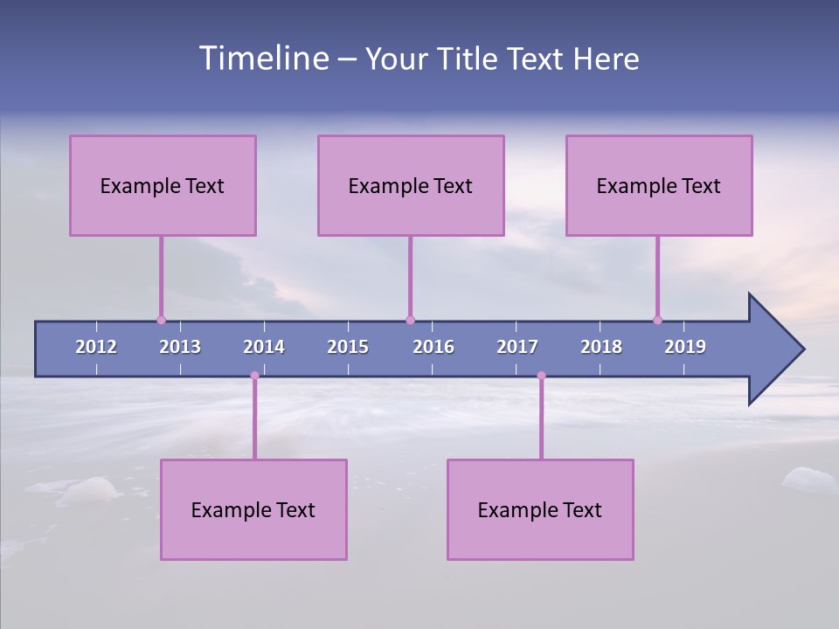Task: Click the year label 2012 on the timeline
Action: pyautogui.click(x=96, y=347)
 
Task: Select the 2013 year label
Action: pyautogui.click(x=180, y=347)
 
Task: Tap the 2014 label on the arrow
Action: pyautogui.click(x=264, y=347)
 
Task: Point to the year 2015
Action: pyautogui.click(x=348, y=347)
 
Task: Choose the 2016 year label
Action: pyautogui.click(x=433, y=347)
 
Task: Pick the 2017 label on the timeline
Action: pyautogui.click(x=517, y=347)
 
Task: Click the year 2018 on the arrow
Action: pyautogui.click(x=601, y=347)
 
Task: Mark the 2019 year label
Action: pyautogui.click(x=685, y=347)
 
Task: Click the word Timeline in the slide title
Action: pyautogui.click(x=263, y=59)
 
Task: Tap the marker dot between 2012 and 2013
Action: pyautogui.click(x=161, y=320)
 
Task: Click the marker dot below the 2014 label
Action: pyautogui.click(x=254, y=376)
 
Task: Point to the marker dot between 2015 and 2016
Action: pyautogui.click(x=410, y=320)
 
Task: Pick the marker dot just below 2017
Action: pyautogui.click(x=541, y=376)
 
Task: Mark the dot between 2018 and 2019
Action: pyautogui.click(x=657, y=320)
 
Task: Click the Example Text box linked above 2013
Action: pyautogui.click(x=163, y=185)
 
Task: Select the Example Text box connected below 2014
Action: pyautogui.click(x=253, y=509)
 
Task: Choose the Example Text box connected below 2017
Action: pyautogui.click(x=540, y=509)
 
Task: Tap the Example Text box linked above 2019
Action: pyautogui.click(x=659, y=185)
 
